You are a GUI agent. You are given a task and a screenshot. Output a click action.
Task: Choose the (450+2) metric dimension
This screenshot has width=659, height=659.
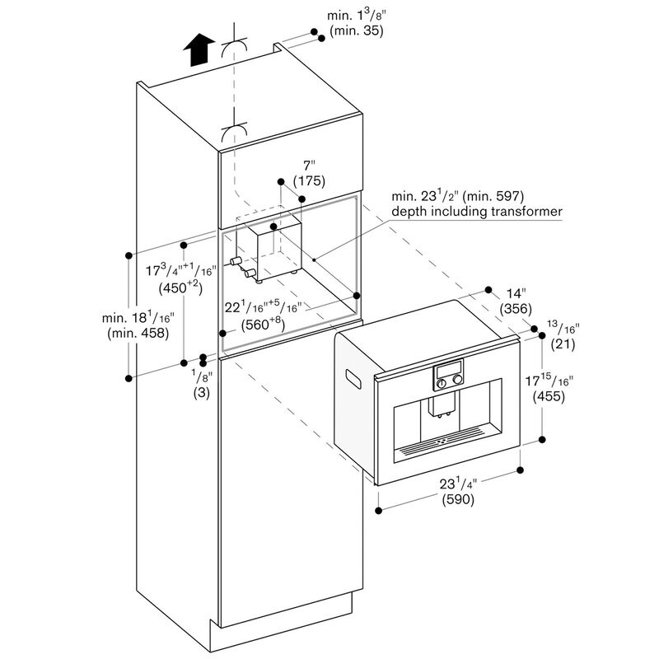(x=179, y=287)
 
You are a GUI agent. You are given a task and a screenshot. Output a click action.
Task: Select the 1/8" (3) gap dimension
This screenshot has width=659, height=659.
(x=202, y=385)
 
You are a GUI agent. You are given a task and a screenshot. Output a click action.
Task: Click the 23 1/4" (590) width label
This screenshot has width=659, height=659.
(x=457, y=492)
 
